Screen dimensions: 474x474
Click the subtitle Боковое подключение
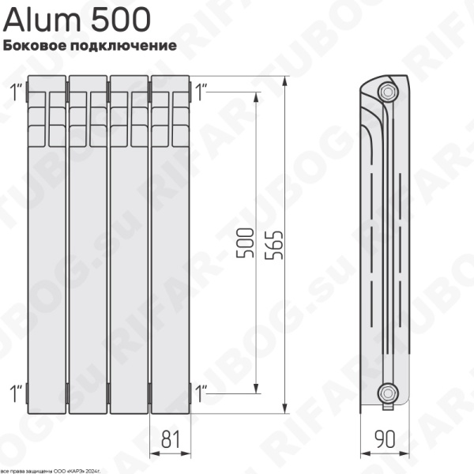pyautogui.click(x=88, y=46)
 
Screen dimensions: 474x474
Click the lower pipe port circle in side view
pyautogui.click(x=387, y=391)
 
